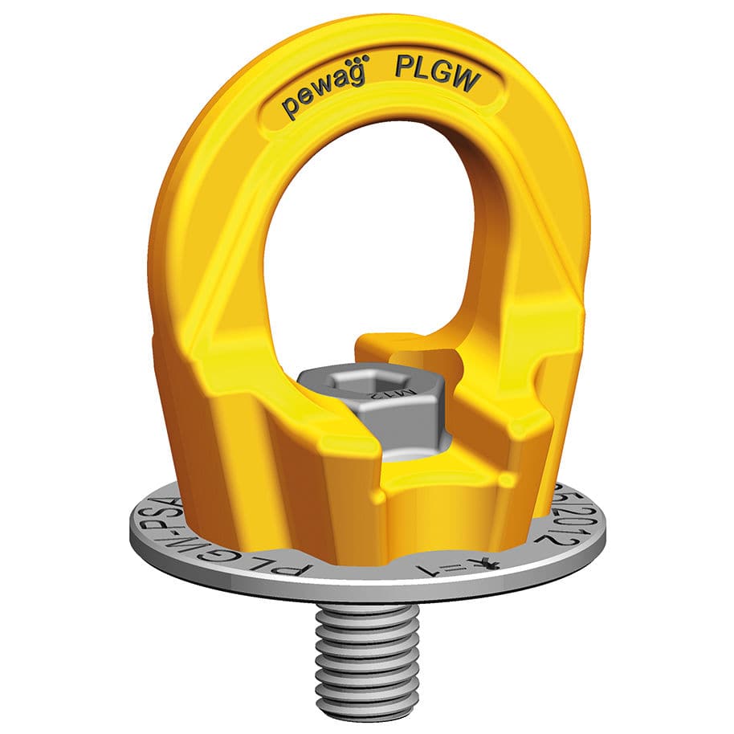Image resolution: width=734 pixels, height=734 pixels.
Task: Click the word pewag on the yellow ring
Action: click(x=320, y=97)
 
